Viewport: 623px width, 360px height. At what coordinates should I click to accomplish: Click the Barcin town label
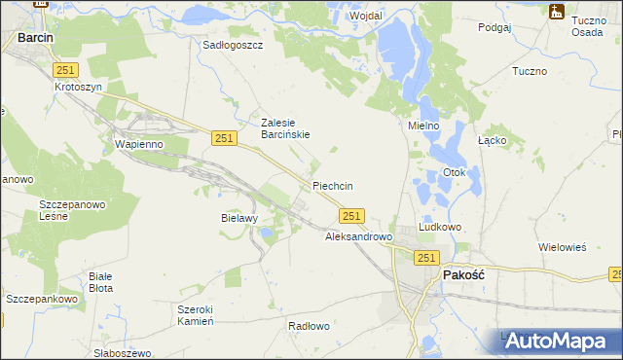pos(34,38)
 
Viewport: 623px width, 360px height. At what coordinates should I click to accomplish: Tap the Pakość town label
pos(464,275)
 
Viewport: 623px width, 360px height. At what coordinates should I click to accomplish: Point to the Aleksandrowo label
pos(357,236)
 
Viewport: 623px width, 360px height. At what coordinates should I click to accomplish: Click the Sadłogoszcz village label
pos(233,45)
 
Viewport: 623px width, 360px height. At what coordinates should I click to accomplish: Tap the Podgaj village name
pos(495,28)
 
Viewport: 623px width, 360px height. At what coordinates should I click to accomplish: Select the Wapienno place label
pos(139,144)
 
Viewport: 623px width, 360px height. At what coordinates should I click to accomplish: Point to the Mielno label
pos(423,126)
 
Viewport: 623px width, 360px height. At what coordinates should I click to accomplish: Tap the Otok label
pos(456,173)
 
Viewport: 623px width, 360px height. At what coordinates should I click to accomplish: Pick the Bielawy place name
pos(238,218)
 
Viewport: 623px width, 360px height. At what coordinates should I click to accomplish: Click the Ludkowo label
pos(439,227)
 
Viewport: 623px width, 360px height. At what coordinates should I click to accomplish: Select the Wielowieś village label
pos(563,247)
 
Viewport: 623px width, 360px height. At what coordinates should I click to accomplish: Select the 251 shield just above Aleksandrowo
pos(352,216)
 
